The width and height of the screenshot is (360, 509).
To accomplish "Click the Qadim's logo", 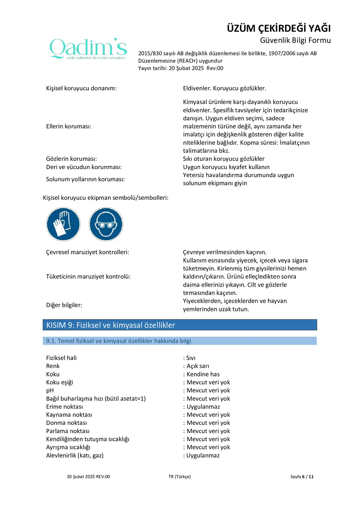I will coord(88,49).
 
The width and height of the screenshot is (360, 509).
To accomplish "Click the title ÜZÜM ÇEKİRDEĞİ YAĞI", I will coord(279,28).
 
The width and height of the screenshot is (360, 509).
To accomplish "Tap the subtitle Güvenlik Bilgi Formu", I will coord(295,40).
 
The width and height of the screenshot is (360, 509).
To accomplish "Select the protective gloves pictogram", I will coord(63,224).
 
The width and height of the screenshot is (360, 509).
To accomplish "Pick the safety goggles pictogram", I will coord(106,224).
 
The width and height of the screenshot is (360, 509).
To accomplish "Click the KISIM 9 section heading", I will coord(111,325).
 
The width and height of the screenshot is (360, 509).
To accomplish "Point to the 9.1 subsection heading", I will coord(118,341).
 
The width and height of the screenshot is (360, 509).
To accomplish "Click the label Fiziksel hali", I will coord(61,358).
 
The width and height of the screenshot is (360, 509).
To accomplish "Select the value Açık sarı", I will coord(198,366).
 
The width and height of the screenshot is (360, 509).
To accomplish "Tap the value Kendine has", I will coord(203,374).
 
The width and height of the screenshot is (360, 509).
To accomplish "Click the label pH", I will coord(50,390).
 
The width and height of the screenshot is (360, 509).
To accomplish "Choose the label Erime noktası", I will coord(64,407).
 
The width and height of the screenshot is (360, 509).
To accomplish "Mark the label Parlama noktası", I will coord(68,431).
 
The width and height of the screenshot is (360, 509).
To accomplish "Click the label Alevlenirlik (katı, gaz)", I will coord(75,455).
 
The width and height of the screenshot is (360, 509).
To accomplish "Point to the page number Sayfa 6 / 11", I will coord(302,477).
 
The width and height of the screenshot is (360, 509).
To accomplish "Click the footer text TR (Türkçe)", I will coord(180,477).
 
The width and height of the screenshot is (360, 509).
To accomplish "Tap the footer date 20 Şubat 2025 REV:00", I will coord(88,477).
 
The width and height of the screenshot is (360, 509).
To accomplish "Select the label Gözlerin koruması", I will coord(71,159).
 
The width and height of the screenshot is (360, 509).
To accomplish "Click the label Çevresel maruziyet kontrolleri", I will coord(87,252).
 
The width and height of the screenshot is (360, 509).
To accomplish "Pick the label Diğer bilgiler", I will coord(64,305).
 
